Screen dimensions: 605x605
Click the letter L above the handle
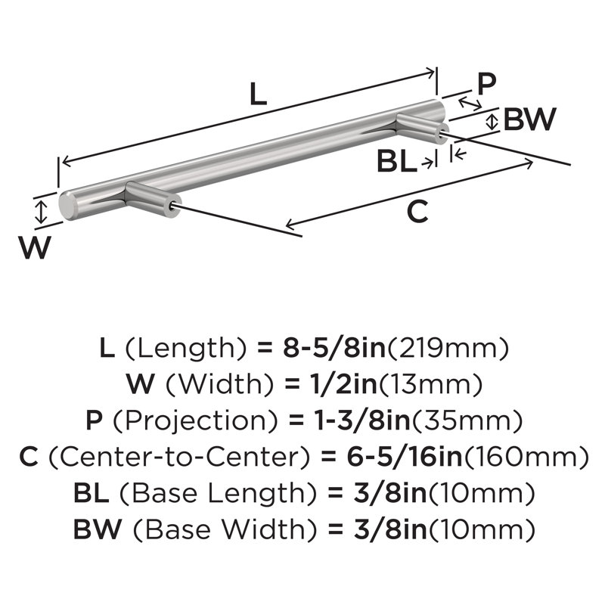click(x=258, y=94)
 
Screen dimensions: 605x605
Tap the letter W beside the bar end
click(x=35, y=247)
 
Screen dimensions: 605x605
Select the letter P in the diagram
click(x=486, y=84)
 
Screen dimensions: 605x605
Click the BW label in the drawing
click(x=530, y=119)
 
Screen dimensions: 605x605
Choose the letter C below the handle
click(x=417, y=212)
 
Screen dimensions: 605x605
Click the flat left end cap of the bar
click(x=67, y=205)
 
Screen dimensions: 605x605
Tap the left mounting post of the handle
click(x=153, y=199)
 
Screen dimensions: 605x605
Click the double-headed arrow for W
click(x=41, y=212)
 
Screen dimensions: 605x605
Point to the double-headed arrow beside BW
click(x=491, y=122)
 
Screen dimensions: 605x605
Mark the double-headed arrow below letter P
click(x=470, y=104)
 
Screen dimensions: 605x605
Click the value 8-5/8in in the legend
click(x=334, y=348)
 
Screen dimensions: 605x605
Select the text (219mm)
click(x=448, y=348)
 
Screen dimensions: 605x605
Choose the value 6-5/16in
click(x=405, y=457)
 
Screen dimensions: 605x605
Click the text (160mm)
click(x=526, y=458)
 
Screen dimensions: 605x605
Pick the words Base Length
click(x=217, y=494)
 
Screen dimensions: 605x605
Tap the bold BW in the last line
click(x=98, y=529)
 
